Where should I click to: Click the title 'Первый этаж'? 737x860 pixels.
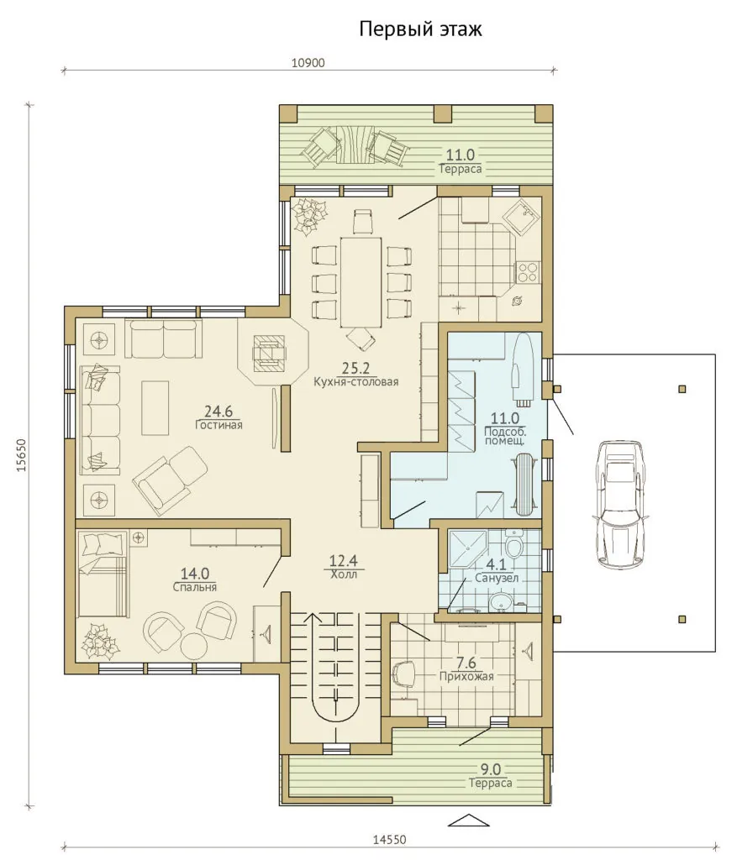(420, 29)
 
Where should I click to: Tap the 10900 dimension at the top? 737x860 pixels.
(308, 62)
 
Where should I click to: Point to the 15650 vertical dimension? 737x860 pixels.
(21, 455)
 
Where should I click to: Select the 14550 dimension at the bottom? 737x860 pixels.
(390, 840)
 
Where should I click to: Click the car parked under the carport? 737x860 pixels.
(621, 505)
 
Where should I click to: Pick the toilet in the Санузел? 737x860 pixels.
(513, 544)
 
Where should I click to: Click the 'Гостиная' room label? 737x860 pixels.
(219, 424)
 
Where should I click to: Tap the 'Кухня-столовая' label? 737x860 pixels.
(355, 382)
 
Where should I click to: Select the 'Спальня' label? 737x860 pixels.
(195, 587)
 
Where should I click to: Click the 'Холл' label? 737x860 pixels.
(344, 574)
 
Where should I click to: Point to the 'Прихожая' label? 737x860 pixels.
(466, 676)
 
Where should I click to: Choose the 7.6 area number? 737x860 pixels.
(466, 663)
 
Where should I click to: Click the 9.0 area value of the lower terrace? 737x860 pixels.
(490, 769)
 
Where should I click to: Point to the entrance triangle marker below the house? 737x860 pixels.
(469, 821)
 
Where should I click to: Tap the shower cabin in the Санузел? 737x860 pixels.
(467, 548)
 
